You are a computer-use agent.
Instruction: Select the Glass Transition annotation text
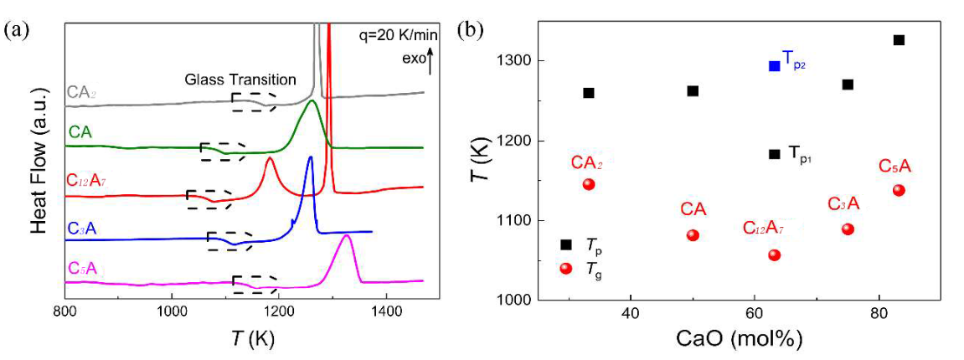pyautogui.click(x=241, y=80)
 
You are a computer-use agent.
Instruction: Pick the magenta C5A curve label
pyautogui.click(x=81, y=268)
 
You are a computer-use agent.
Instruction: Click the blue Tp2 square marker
pyautogui.click(x=775, y=65)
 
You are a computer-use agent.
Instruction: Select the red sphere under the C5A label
pyautogui.click(x=899, y=190)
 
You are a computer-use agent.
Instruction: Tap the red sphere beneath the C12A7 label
pyautogui.click(x=775, y=255)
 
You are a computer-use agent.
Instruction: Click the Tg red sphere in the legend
pyautogui.click(x=566, y=268)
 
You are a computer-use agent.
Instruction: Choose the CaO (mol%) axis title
pyautogui.click(x=733, y=339)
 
